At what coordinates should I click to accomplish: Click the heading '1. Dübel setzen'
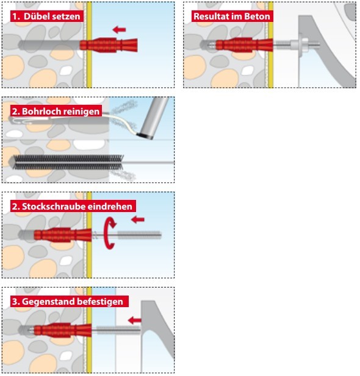click(46, 16)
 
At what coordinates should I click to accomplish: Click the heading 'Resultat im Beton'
click(232, 16)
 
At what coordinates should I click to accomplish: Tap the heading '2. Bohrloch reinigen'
click(56, 112)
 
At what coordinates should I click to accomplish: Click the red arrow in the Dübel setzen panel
click(119, 30)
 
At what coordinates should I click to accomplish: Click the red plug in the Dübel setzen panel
click(109, 45)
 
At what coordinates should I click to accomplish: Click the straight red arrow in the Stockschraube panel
click(138, 219)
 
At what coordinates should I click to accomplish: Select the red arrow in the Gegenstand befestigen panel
click(134, 320)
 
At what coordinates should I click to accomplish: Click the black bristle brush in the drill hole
click(68, 162)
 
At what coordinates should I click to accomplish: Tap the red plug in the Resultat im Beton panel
click(245, 45)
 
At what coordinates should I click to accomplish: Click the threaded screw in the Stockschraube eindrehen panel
click(127, 235)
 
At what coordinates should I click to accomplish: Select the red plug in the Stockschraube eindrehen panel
click(63, 235)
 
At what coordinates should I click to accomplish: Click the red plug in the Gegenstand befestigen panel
click(63, 330)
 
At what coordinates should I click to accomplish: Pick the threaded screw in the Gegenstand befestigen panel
click(117, 330)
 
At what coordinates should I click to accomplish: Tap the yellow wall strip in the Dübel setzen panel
click(89, 44)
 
